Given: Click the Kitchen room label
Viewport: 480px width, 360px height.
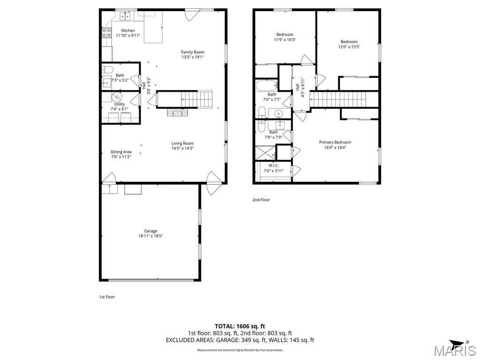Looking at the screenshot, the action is click(128, 30).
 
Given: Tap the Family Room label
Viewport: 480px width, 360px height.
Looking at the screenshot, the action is click(193, 52).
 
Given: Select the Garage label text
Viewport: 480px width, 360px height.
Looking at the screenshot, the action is click(150, 231).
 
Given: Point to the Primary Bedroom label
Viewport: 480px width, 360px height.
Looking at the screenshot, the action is click(335, 142).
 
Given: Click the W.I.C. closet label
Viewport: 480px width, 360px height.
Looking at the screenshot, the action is click(274, 165).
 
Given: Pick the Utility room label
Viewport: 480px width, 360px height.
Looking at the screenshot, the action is click(120, 104).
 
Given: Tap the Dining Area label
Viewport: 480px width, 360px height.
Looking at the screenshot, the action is click(121, 152).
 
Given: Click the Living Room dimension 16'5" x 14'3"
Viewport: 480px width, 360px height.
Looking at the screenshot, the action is click(182, 149).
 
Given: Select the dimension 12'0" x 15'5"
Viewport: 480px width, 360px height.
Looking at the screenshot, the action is click(349, 47).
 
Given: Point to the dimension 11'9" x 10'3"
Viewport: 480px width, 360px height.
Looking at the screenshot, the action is click(285, 40).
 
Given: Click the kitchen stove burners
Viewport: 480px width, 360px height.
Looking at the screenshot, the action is click(106, 33).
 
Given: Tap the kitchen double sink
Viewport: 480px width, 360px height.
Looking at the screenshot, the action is click(125, 16).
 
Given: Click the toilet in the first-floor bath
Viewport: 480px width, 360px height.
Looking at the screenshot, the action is click(107, 69).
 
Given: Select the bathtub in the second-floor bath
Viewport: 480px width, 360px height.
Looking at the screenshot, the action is click(266, 85).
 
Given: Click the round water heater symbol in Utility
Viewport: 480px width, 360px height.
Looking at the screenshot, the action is click(117, 97).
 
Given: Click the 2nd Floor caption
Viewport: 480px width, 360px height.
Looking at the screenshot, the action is click(261, 200).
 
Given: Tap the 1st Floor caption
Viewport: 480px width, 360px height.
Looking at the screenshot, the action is click(107, 297).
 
